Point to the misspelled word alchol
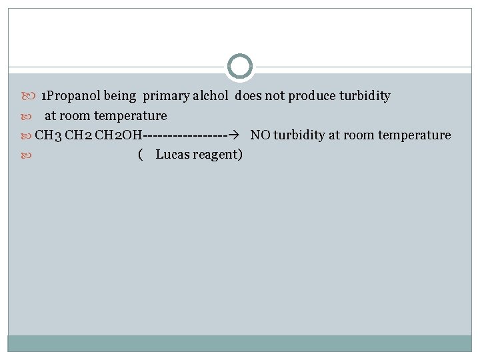210,96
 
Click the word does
248,96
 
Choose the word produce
311,96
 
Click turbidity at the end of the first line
365,96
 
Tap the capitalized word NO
260,135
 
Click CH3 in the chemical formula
49,135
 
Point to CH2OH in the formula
118,135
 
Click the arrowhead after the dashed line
232,135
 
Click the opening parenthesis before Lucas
139,155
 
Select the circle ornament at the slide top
240,67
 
